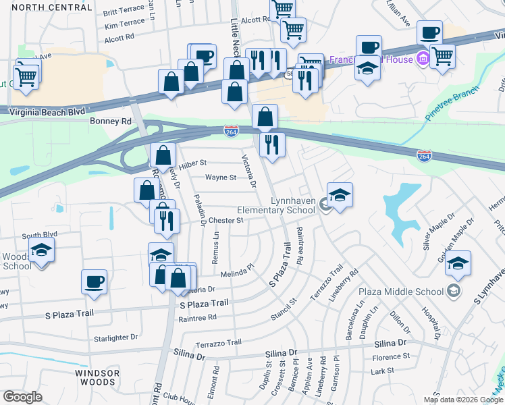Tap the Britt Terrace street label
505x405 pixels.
[124, 12]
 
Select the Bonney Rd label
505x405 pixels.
[110, 122]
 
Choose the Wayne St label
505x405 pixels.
[221, 178]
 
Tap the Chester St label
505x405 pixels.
[225, 220]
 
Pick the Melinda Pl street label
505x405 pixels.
[236, 271]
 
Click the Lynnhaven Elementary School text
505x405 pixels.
[292, 205]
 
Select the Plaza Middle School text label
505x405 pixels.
[410, 292]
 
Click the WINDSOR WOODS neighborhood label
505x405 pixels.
[97, 377]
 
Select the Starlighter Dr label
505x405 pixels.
[115, 337]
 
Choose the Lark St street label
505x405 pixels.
[382, 371]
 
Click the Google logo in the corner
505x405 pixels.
[23, 397]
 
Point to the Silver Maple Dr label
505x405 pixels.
[440, 233]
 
